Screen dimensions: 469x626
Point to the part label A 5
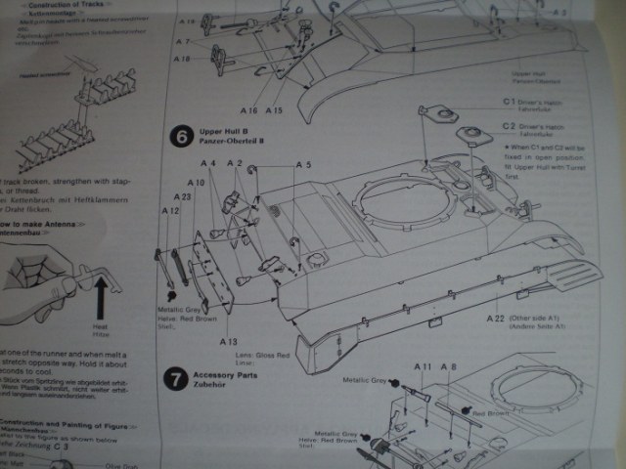pyautogui.click(x=303, y=165)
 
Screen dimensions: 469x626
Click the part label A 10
pyautogui.click(x=197, y=184)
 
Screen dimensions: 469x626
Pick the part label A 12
pyautogui.click(x=170, y=210)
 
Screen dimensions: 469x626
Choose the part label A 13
pyautogui.click(x=228, y=342)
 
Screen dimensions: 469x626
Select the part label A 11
pyautogui.click(x=424, y=365)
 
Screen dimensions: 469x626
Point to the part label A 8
pyautogui.click(x=450, y=365)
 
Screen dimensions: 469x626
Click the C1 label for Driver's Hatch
pyautogui.click(x=510, y=102)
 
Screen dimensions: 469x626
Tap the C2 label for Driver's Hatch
pyautogui.click(x=510, y=127)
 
